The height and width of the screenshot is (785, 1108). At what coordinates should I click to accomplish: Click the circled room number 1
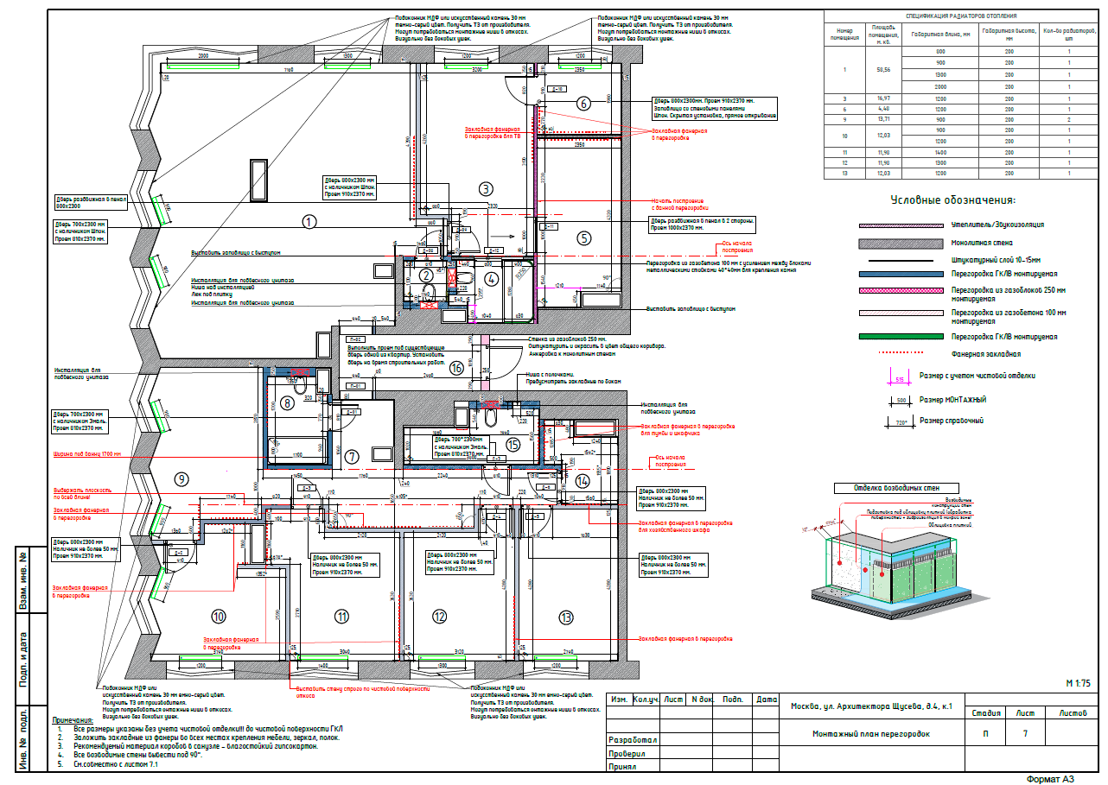309,221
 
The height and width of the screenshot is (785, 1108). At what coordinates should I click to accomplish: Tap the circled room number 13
566,617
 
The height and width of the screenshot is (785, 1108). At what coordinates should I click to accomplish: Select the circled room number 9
181,479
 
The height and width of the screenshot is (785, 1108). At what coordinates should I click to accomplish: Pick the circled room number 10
219,616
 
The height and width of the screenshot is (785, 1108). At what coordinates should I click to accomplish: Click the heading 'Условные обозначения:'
952,200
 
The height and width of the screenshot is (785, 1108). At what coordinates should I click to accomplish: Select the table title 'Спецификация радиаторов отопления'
960,16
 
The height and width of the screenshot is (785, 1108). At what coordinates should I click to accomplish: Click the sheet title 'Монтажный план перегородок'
870,734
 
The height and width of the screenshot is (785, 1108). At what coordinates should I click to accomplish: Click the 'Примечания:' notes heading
73,719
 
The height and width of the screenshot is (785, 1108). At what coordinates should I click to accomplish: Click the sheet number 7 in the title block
1025,734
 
